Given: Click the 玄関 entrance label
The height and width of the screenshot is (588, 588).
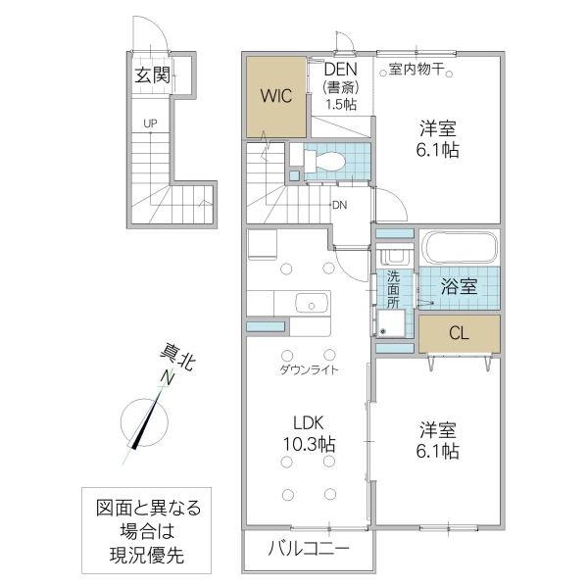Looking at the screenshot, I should (x=153, y=74).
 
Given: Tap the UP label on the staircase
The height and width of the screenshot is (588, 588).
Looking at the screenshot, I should (x=149, y=123).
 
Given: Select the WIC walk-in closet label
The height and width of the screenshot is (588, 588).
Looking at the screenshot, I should (x=275, y=96).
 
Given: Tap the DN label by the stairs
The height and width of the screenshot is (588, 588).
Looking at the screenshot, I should (x=339, y=205).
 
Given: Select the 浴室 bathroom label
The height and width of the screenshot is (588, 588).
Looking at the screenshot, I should (x=459, y=287).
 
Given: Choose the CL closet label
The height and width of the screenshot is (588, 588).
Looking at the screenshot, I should (x=459, y=333).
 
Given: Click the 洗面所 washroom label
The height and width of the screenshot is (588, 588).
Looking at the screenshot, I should (x=393, y=289).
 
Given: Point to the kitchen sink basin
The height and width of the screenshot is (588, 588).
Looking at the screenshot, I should (x=309, y=304).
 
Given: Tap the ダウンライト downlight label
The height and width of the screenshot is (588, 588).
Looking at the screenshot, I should (x=309, y=370).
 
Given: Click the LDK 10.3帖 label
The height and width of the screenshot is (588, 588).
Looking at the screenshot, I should (x=309, y=433).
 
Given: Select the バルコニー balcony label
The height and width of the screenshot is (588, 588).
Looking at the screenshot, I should (x=308, y=550).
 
